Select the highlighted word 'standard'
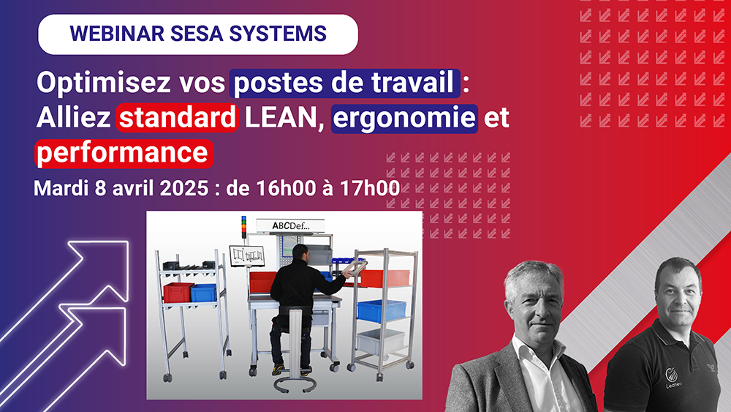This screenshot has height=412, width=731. click(178, 119)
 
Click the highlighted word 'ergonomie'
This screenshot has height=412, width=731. click(405, 119)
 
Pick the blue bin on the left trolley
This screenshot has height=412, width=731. click(204, 292)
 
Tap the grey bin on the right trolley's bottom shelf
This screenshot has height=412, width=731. click(379, 342)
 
